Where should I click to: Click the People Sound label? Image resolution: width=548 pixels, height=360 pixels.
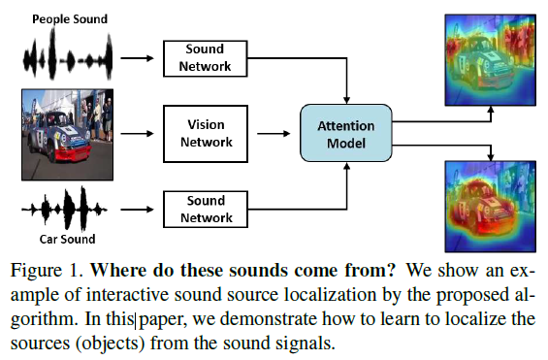click(x=70, y=18)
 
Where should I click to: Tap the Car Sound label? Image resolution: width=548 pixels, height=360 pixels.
click(x=67, y=239)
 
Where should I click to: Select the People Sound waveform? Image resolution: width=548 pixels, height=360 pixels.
click(x=68, y=54)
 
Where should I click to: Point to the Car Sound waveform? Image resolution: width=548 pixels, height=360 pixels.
click(x=64, y=209)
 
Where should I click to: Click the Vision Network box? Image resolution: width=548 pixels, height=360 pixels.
click(x=206, y=134)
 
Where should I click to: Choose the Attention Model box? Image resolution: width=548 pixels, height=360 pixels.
click(x=346, y=133)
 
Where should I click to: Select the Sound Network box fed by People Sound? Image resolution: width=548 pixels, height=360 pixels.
click(x=206, y=58)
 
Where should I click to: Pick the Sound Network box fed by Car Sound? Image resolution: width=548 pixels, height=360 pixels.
click(x=206, y=209)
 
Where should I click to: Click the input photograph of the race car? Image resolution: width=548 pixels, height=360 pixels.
click(x=68, y=135)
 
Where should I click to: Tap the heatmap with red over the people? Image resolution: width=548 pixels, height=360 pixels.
click(x=491, y=60)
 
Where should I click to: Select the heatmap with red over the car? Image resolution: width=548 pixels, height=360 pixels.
click(x=491, y=207)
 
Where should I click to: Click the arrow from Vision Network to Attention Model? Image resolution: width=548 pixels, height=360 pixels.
click(x=274, y=134)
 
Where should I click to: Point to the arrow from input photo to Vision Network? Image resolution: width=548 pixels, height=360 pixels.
click(x=137, y=134)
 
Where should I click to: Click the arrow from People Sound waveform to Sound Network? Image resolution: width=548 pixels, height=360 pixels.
click(x=137, y=58)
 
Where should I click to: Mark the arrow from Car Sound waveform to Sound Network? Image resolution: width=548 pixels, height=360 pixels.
click(x=137, y=210)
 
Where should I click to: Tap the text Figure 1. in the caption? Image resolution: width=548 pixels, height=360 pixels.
click(x=47, y=270)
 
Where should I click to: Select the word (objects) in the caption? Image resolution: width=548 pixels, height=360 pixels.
click(x=111, y=344)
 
